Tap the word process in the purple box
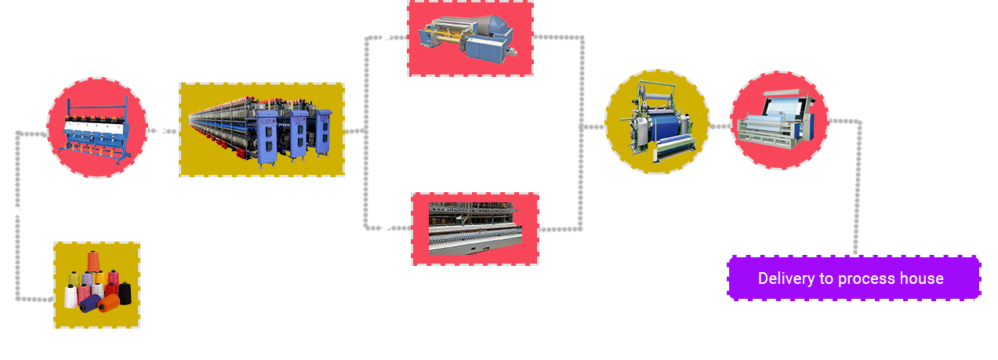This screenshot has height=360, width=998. tap(866, 279)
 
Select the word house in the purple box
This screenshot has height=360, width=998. tap(921, 278)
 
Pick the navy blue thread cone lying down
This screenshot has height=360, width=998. tap(89, 304)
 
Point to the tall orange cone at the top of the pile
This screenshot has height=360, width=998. tap(93, 261)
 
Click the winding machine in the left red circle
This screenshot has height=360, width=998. tap(96, 129)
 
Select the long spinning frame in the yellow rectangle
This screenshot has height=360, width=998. tap(260, 130)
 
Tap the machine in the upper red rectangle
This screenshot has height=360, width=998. tap(468, 38)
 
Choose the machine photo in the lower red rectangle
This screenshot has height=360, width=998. tap(475, 228)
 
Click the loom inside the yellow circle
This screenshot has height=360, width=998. tap(658, 121)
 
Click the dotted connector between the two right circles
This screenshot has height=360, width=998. tap(720, 126)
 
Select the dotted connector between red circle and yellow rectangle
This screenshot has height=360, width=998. tap(162, 131)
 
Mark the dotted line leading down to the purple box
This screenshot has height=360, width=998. tap(858, 187)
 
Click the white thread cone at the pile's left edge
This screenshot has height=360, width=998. tap(70, 296)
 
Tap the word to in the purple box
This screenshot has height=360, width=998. tap(826, 279)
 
